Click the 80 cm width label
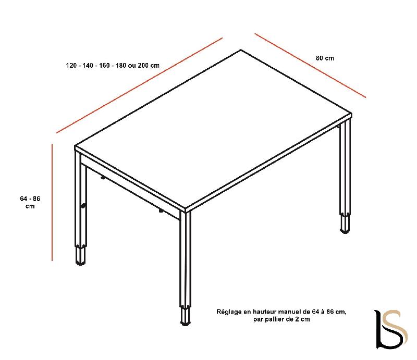(325, 58)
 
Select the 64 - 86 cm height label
(30, 203)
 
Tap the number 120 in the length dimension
(71, 66)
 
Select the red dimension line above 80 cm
(310, 65)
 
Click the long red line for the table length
(140, 85)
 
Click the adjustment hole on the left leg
(83, 206)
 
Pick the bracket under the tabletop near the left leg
(103, 178)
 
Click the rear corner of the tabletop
(241, 51)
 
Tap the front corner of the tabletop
(187, 210)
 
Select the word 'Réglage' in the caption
(228, 312)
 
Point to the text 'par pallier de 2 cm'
(281, 319)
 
